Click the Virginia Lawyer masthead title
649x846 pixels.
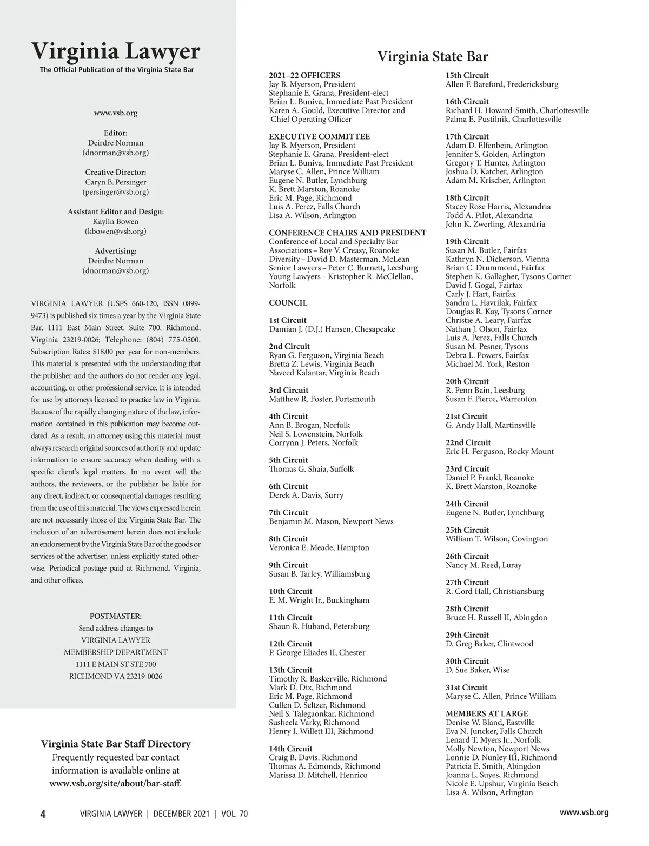(x=116, y=51)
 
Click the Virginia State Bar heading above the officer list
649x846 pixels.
(x=432, y=57)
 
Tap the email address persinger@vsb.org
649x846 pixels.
(x=116, y=192)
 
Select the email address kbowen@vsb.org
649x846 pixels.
(x=116, y=231)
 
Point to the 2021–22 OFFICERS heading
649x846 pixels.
(x=304, y=75)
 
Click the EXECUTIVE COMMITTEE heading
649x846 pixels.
(x=319, y=136)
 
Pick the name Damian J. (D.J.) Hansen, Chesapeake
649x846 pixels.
(x=332, y=329)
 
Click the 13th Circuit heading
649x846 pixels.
(x=290, y=670)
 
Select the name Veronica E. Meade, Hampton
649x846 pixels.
(x=319, y=547)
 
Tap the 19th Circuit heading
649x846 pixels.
(x=467, y=241)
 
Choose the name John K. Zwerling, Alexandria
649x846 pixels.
(x=495, y=224)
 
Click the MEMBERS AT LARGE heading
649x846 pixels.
(x=487, y=713)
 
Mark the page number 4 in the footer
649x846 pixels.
(x=43, y=814)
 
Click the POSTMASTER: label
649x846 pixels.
(x=116, y=616)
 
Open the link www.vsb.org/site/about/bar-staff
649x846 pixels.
(x=115, y=783)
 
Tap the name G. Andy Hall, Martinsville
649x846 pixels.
(x=491, y=425)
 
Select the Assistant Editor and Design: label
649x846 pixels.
(x=116, y=212)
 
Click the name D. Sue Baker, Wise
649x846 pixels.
(x=478, y=670)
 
